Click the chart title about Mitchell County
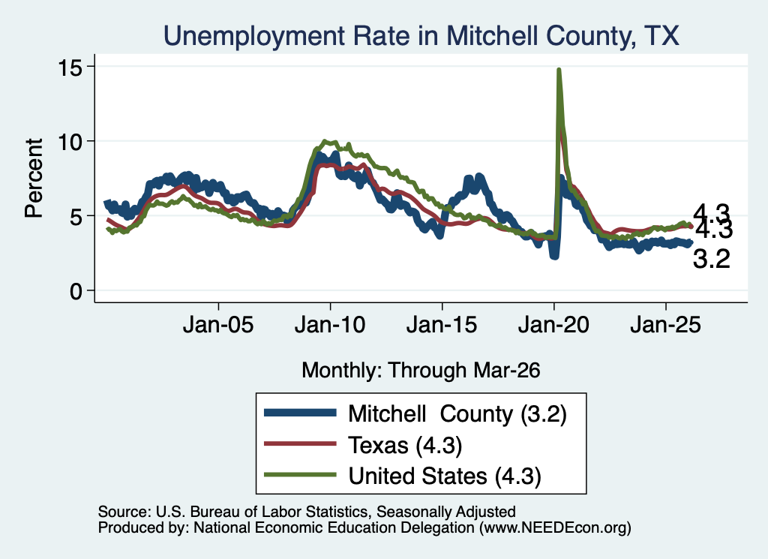click(x=421, y=36)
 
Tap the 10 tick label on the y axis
click(x=70, y=142)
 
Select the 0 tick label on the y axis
click(x=76, y=291)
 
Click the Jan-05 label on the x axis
click(x=218, y=325)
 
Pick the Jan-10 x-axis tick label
click(x=330, y=325)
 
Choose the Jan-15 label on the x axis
click(x=442, y=325)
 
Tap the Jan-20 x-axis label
click(x=553, y=325)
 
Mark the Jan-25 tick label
click(x=666, y=325)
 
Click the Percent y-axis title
click(x=34, y=179)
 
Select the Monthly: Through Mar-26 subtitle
click(x=421, y=371)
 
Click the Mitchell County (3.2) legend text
click(x=457, y=414)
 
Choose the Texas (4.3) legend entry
click(x=405, y=446)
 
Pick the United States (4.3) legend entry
click(x=445, y=476)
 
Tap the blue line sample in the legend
click(x=300, y=413)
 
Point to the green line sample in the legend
click(x=300, y=475)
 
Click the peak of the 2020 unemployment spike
click(x=558, y=70)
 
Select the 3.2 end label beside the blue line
click(x=711, y=259)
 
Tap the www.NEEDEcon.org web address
click(x=555, y=527)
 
